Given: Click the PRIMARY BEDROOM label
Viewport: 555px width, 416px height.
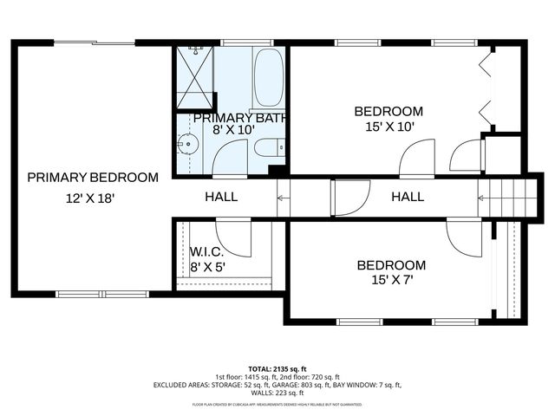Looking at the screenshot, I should pyautogui.click(x=93, y=178).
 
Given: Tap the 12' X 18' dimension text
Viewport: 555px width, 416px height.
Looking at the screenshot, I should pyautogui.click(x=90, y=198).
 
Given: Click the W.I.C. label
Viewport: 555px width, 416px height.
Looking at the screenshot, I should pyautogui.click(x=207, y=252).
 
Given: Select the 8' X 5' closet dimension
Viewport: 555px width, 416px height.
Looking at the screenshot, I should pyautogui.click(x=207, y=267).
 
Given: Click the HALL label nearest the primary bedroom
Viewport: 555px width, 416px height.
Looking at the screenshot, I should pyautogui.click(x=221, y=197).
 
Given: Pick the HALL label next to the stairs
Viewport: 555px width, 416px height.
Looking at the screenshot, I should pyautogui.click(x=408, y=197).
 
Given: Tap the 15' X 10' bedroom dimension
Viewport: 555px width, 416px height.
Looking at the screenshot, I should pyautogui.click(x=389, y=126).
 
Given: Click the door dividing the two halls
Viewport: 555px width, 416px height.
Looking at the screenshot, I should pyautogui.click(x=350, y=198).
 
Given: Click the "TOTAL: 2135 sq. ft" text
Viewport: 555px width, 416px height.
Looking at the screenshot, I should pyautogui.click(x=277, y=369).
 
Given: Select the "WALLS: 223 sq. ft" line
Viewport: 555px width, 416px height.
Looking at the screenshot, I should pyautogui.click(x=277, y=393).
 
